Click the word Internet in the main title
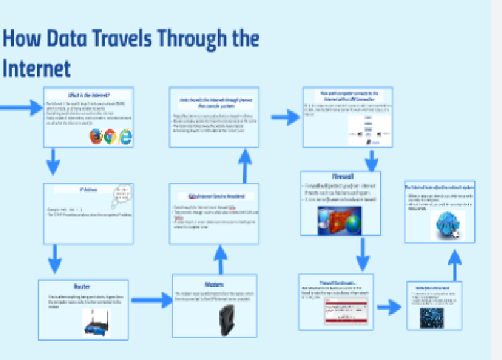tap(36, 68)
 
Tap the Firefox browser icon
tap(95, 136)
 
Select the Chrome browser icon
tap(110, 136)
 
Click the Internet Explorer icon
tap(125, 136)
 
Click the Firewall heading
tap(343, 177)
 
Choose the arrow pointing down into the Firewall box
tap(371, 159)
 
